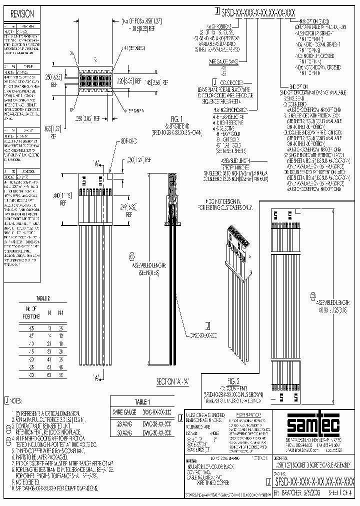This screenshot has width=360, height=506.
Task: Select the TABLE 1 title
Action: tap(143, 401)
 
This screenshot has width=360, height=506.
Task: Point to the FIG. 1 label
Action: tap(179, 118)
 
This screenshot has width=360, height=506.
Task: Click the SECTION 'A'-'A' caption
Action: tap(173, 381)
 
